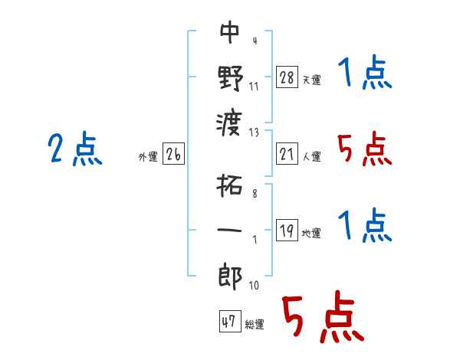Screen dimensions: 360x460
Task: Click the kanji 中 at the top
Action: (x=230, y=32)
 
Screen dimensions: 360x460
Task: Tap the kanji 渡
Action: (x=230, y=120)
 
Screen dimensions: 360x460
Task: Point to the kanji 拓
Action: (x=230, y=186)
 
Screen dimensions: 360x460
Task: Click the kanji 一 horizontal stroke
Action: (x=230, y=230)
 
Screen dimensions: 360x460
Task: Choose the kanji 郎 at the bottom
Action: (x=230, y=276)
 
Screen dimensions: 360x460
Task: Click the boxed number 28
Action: (x=287, y=77)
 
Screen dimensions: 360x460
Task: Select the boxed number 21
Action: (x=287, y=155)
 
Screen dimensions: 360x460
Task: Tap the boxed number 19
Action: (x=287, y=231)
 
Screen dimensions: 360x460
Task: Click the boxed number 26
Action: (x=173, y=155)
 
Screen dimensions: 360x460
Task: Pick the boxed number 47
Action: (x=228, y=322)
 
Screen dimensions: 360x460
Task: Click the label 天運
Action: (x=311, y=80)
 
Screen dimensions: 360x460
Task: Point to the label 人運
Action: (x=311, y=157)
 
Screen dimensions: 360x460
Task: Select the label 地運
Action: (x=311, y=234)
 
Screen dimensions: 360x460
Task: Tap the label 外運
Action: (x=148, y=157)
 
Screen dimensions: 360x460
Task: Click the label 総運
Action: (x=255, y=324)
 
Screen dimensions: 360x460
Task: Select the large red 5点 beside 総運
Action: (x=321, y=318)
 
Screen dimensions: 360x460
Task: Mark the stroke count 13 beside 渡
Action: (x=255, y=132)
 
